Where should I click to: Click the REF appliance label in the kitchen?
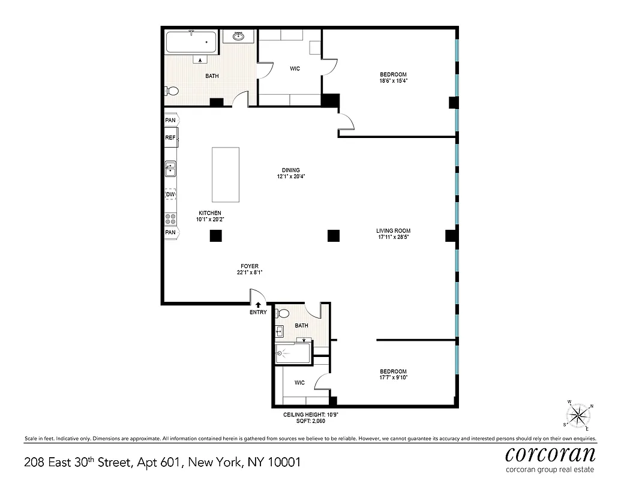170,138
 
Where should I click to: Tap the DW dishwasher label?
170,194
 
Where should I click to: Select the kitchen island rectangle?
226,175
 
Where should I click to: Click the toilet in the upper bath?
172,91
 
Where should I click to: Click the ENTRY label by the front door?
258,313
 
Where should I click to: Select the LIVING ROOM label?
393,231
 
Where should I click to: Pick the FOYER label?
250,266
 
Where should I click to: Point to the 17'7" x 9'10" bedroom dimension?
393,378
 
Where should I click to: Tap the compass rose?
578,415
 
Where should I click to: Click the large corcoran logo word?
550,453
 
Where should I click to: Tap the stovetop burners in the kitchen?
170,218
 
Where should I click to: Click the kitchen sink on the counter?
170,169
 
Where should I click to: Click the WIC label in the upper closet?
295,68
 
